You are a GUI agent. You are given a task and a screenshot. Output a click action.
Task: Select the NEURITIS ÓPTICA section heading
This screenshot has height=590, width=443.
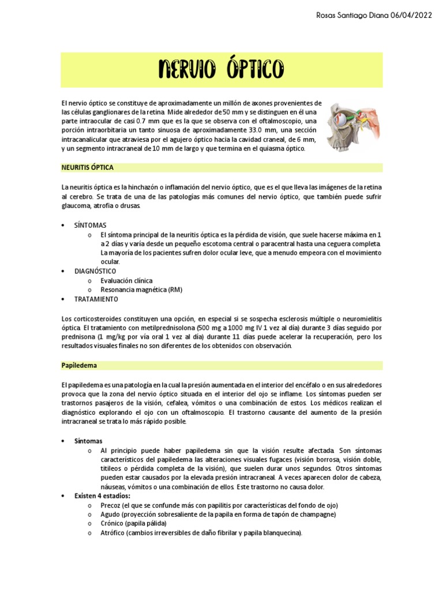click(87, 167)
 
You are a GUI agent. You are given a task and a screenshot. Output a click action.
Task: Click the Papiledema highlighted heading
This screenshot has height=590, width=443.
click(79, 365)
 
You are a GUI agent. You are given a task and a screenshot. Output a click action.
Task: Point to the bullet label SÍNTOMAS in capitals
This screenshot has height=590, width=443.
click(90, 225)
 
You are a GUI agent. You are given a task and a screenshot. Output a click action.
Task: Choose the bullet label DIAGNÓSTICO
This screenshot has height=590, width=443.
click(95, 271)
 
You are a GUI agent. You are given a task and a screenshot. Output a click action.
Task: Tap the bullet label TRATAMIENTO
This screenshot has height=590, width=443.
click(96, 299)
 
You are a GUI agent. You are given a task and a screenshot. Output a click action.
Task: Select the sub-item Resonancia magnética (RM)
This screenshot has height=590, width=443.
click(141, 290)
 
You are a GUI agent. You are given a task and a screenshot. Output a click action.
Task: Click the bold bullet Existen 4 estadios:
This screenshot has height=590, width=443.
click(102, 496)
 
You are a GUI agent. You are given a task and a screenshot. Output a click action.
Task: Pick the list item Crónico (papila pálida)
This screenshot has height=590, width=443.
click(133, 524)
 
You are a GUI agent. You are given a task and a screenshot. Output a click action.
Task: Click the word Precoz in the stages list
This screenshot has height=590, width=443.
click(111, 505)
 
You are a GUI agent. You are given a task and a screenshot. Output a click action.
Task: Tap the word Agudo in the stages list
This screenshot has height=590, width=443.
click(111, 514)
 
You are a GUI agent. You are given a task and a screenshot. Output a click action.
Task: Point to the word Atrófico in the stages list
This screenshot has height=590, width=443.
click(113, 533)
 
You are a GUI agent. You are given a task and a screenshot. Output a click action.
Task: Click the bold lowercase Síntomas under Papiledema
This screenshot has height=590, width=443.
click(88, 441)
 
